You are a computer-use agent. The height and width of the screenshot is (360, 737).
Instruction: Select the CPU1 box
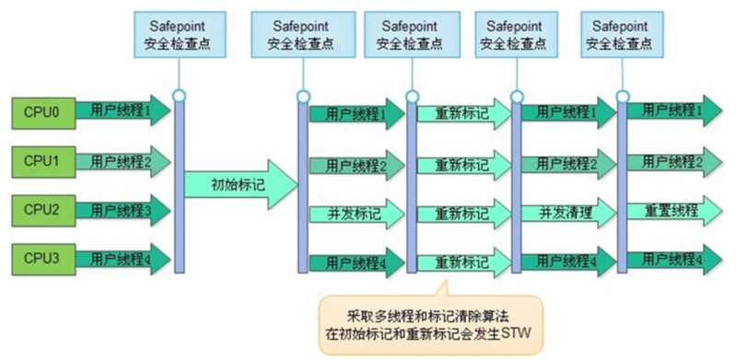[x=41, y=161]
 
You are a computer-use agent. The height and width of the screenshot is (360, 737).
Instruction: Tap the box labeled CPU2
[x=41, y=210]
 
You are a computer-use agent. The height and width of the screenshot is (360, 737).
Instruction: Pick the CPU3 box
[x=41, y=258]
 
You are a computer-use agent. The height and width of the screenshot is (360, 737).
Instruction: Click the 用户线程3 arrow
[x=120, y=210]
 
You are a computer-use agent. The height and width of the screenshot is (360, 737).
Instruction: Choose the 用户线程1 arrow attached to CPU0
[x=120, y=110]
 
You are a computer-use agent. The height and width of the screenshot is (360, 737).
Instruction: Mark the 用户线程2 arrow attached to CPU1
[x=120, y=161]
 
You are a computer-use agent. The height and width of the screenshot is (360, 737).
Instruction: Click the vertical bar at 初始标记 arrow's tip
[x=302, y=184]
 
